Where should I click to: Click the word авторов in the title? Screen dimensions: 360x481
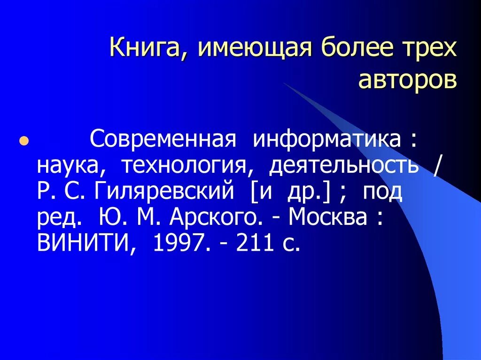[407, 80]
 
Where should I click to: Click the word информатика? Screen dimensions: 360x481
[327, 140]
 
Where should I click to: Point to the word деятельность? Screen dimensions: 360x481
[343, 166]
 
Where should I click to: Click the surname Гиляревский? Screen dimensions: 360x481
[163, 191]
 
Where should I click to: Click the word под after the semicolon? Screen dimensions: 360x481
[382, 191]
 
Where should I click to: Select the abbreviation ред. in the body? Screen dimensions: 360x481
[60, 217]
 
